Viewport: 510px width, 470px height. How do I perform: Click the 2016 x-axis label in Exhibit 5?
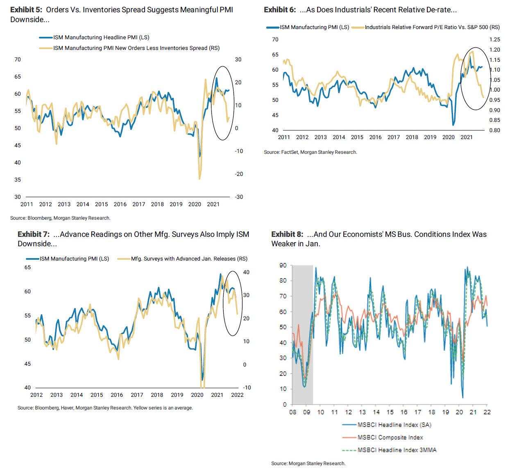pos(120,204)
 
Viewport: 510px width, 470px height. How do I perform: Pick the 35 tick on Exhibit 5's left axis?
pos(17,180)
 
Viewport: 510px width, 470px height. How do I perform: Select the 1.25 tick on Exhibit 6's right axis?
pos(494,39)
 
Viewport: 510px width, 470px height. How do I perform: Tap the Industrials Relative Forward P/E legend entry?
pos(432,27)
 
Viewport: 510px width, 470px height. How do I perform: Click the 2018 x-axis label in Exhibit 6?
pos(412,137)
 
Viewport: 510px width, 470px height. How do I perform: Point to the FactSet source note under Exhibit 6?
pos(310,152)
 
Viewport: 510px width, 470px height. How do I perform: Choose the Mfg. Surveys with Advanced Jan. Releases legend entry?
pos(189,259)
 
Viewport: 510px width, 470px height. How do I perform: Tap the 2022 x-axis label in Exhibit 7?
pos(237,395)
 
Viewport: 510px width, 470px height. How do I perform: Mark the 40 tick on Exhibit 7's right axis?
pos(247,272)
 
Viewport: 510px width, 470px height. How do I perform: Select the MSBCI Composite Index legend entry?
pos(390,437)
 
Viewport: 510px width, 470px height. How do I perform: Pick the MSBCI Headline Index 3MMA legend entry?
pos(397,450)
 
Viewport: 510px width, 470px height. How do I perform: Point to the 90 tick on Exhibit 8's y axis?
pos(283,265)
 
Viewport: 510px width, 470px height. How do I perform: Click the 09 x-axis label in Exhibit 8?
pos(306,412)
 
